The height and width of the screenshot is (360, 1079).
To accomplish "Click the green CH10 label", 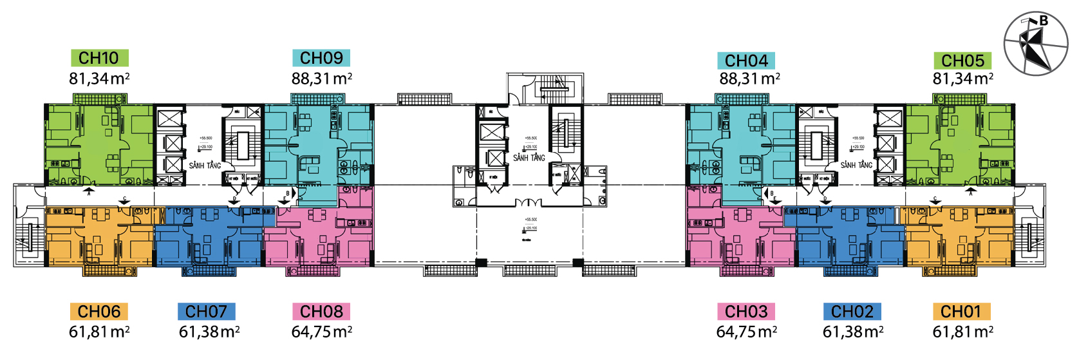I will (x=99, y=58).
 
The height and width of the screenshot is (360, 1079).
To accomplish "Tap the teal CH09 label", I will (x=321, y=58).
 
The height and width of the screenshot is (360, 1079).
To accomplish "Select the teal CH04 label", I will (x=746, y=61).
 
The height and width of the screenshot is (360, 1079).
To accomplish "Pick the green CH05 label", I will (x=962, y=61).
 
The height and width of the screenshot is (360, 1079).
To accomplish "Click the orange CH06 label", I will (x=99, y=312).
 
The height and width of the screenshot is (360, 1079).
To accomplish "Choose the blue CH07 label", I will (x=206, y=312).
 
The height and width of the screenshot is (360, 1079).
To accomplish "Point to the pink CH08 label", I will (x=321, y=312).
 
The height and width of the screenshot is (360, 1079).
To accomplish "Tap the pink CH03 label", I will (x=746, y=312).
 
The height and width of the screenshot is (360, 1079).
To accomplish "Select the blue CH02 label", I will (x=852, y=312).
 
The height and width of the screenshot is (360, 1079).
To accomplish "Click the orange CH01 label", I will (x=961, y=312).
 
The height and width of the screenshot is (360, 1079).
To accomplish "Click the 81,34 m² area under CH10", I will (x=99, y=79).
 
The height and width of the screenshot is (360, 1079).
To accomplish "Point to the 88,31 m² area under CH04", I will (x=749, y=79).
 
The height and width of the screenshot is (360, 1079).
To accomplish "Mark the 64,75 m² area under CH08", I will (x=321, y=332).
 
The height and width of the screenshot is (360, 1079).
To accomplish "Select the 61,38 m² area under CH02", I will (x=852, y=332).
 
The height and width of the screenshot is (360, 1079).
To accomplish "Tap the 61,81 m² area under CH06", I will (x=99, y=332).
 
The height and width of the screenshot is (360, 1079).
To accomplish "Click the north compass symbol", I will (x=1036, y=44).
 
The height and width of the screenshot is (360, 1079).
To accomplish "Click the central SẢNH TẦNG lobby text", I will (x=529, y=158).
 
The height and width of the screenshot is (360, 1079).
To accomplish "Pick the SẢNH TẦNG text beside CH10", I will (x=205, y=166).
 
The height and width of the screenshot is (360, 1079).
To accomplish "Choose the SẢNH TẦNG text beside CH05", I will (x=856, y=166).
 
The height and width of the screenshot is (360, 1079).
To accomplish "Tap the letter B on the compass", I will (x=1044, y=21).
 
